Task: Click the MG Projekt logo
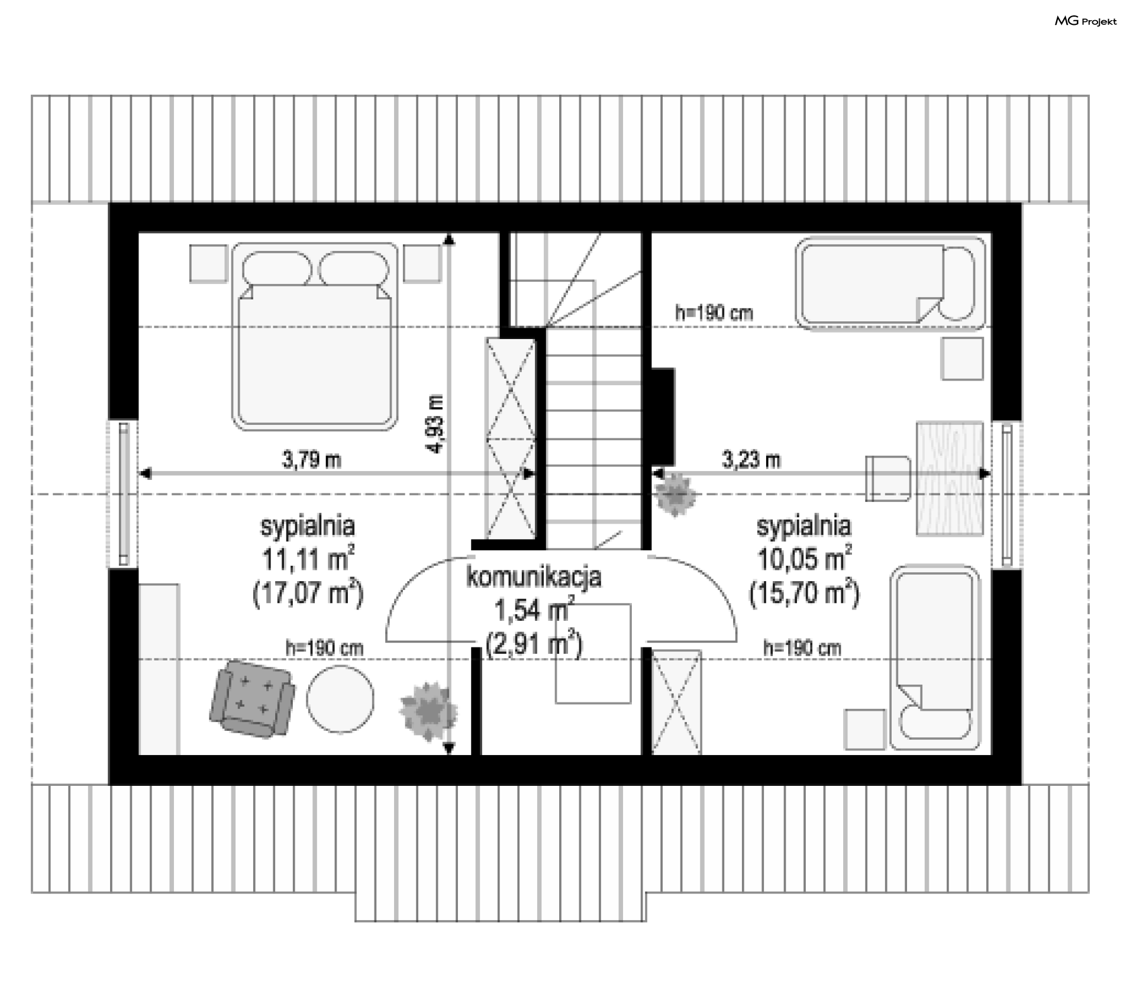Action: (1086, 21)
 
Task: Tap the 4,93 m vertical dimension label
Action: (436, 424)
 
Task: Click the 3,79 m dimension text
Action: (312, 460)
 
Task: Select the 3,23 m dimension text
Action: (751, 459)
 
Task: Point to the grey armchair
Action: (252, 698)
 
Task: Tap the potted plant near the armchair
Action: (428, 711)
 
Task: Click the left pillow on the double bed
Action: (276, 269)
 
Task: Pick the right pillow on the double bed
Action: (354, 269)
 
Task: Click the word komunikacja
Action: (534, 578)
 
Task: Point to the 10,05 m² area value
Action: (805, 558)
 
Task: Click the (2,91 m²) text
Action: (534, 643)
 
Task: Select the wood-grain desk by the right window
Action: (950, 478)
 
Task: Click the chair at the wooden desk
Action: (887, 478)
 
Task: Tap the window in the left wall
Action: (123, 494)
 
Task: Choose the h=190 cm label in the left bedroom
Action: (324, 648)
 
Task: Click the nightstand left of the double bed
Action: (208, 263)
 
